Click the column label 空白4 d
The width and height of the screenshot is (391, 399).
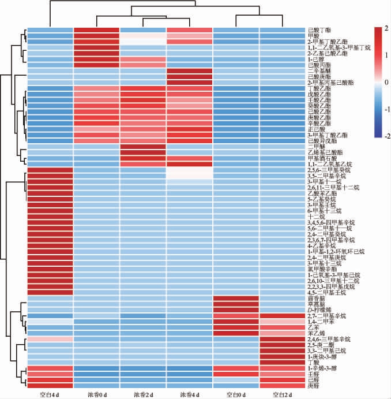tap(49, 395)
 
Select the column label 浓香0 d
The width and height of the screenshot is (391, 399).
tap(96, 395)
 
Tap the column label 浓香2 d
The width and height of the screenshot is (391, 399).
tap(142, 395)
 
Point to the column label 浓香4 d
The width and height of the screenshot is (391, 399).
tap(189, 395)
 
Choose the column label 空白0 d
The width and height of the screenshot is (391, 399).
tap(236, 395)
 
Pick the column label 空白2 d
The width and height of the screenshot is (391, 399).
tap(283, 395)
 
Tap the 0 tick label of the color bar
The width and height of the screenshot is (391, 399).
tap(386, 82)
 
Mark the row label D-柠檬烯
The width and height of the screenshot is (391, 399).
tap(321, 310)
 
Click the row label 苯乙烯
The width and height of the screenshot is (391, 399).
tap(315, 333)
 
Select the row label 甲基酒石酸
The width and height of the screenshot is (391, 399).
tap(321, 158)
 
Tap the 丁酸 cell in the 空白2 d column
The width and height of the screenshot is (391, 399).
tap(283, 362)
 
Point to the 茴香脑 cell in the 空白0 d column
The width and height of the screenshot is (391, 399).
tap(236, 299)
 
